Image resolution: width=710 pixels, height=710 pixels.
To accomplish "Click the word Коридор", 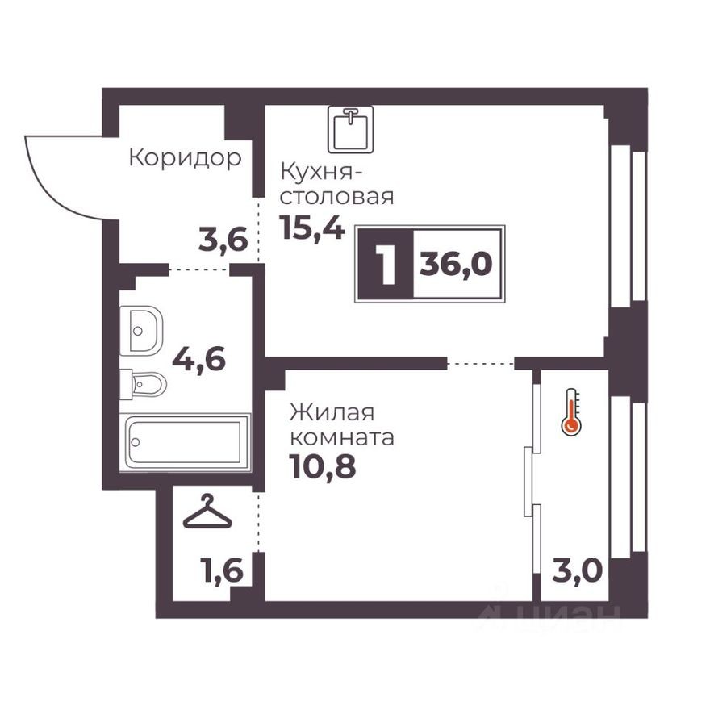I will tap(185, 158).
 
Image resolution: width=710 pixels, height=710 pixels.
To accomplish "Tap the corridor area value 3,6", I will tap(222, 240).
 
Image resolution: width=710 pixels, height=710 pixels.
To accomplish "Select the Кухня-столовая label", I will tap(336, 184).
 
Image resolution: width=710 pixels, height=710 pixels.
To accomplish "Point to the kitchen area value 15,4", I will tap(312, 228).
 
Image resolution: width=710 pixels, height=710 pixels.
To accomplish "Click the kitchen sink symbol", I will tap(350, 129).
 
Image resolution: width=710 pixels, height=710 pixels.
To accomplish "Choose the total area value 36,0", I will tap(456, 264).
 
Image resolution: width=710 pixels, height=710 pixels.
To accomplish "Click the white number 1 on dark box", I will tap(386, 264).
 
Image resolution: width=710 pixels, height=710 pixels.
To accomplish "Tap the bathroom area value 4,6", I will tap(198, 358).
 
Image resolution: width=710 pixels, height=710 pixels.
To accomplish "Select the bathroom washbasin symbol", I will tap(142, 329).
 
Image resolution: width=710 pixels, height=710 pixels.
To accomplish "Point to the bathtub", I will tap(186, 441).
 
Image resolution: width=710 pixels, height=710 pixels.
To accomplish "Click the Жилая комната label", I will tap(342, 425).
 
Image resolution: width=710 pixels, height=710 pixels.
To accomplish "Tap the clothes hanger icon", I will tap(207, 512).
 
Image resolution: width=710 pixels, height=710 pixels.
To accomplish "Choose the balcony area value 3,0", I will tap(577, 571).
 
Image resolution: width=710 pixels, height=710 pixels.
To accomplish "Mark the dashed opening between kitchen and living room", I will tap(481, 365).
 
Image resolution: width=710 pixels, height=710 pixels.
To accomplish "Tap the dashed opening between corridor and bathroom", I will tap(199, 269).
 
